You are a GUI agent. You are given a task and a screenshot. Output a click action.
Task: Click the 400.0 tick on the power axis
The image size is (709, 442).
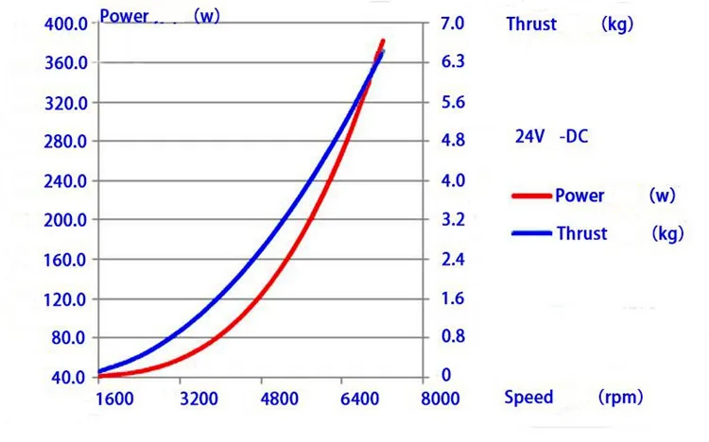pos(66,24)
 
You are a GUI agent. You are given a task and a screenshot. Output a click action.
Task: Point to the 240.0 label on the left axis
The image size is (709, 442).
pos(65,181)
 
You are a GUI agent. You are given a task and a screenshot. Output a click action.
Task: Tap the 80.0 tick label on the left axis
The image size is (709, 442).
pos(68,337)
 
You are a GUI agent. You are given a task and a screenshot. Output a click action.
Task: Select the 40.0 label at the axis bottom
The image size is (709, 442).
pos(68,378)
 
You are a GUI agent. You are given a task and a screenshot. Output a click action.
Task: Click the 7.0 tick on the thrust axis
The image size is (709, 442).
pos(453,23)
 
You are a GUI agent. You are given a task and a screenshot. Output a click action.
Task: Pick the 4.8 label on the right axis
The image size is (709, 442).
pos(453,140)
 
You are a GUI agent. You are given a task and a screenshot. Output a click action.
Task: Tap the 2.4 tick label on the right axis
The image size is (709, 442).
pos(453,259)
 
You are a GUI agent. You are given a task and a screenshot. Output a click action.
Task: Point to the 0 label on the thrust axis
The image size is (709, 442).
pos(446,375)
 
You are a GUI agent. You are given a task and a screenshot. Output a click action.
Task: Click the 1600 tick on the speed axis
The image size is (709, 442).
pos(114,399)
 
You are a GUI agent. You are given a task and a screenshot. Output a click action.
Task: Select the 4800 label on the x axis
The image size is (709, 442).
pos(280,399)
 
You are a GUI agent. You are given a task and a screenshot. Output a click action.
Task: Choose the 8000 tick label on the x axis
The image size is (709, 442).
pos(440,399)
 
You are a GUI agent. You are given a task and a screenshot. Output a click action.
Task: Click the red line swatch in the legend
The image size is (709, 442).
pos(531,196)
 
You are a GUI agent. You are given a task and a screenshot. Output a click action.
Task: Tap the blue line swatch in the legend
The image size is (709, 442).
pos(531,233)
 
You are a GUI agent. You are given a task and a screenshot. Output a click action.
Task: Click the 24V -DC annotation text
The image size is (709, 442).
pos(552,137)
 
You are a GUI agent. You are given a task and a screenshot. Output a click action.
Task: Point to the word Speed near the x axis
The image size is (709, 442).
pos(528,398)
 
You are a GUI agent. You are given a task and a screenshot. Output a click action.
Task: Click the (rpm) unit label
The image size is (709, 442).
pos(620,398)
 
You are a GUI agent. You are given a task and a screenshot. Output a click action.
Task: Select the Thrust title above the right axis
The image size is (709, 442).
pos(531,24)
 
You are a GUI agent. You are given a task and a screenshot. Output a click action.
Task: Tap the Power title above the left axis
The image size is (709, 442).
pos(124,16)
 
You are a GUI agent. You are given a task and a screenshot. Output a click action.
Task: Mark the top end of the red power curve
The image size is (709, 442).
pos(384,42)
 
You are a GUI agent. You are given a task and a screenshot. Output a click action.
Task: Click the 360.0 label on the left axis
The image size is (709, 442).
pos(66,63)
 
